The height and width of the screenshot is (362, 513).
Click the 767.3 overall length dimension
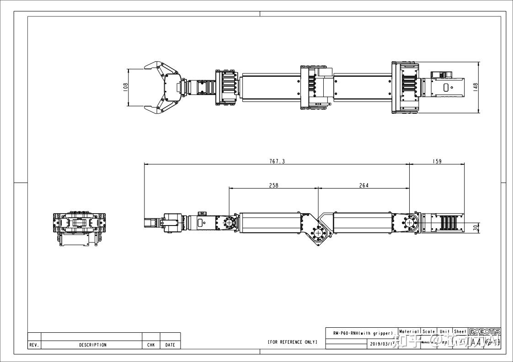coord(277,162)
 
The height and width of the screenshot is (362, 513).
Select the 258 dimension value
coord(273,185)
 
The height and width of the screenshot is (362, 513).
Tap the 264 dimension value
coord(363,185)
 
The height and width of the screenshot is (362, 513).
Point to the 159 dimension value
coord(437,162)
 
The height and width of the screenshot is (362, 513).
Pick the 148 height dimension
coord(476,87)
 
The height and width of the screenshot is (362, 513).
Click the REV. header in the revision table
coord(34,345)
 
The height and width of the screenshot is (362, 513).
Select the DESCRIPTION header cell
coord(92,345)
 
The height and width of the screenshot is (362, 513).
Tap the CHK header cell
coord(151,345)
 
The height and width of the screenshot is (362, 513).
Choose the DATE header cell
coord(170,345)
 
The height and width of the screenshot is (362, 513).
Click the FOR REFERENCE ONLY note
coord(292,342)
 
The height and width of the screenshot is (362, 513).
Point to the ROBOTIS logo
coord(485,332)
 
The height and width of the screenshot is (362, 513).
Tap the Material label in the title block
coord(409,332)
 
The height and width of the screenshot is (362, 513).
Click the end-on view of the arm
coord(78,228)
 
